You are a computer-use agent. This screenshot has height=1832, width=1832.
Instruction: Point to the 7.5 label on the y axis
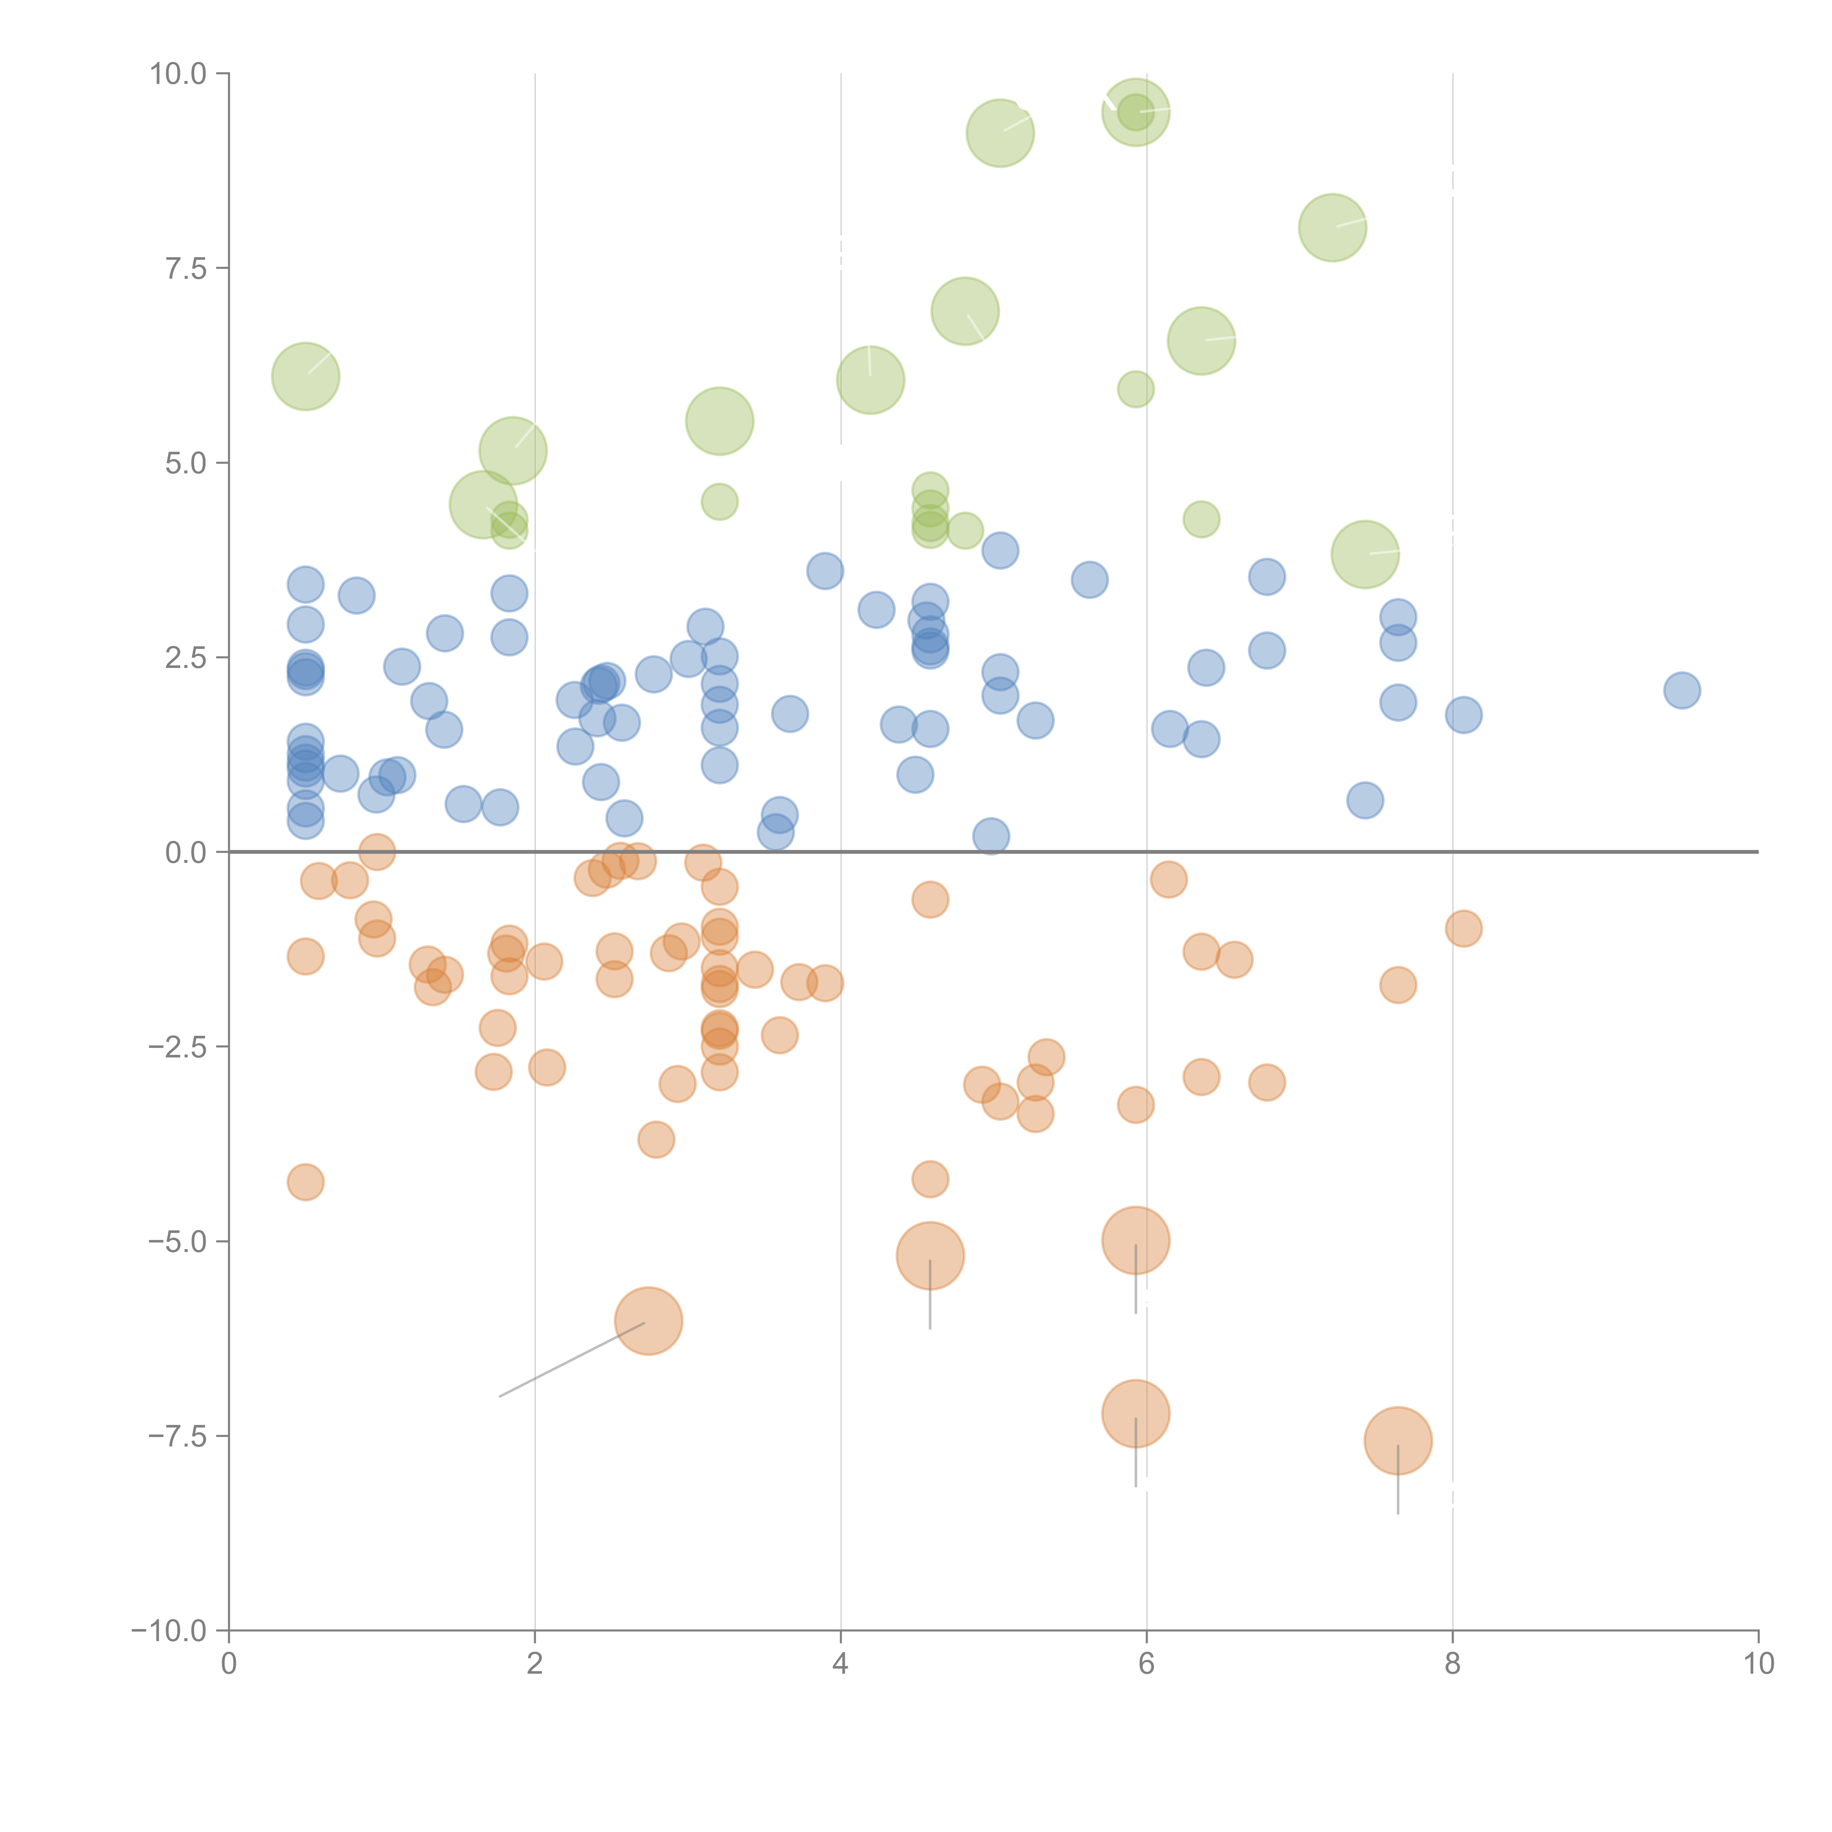[x=186, y=268]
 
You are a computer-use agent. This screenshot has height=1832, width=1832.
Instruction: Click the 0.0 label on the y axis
[x=186, y=853]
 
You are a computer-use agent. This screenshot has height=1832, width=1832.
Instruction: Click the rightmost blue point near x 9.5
[x=1681, y=690]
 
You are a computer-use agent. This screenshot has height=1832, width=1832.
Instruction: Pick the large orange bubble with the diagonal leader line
[x=649, y=1321]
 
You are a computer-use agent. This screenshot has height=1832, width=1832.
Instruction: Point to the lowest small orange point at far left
[x=305, y=1182]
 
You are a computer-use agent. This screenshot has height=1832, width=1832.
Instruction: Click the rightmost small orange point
[x=1463, y=928]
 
